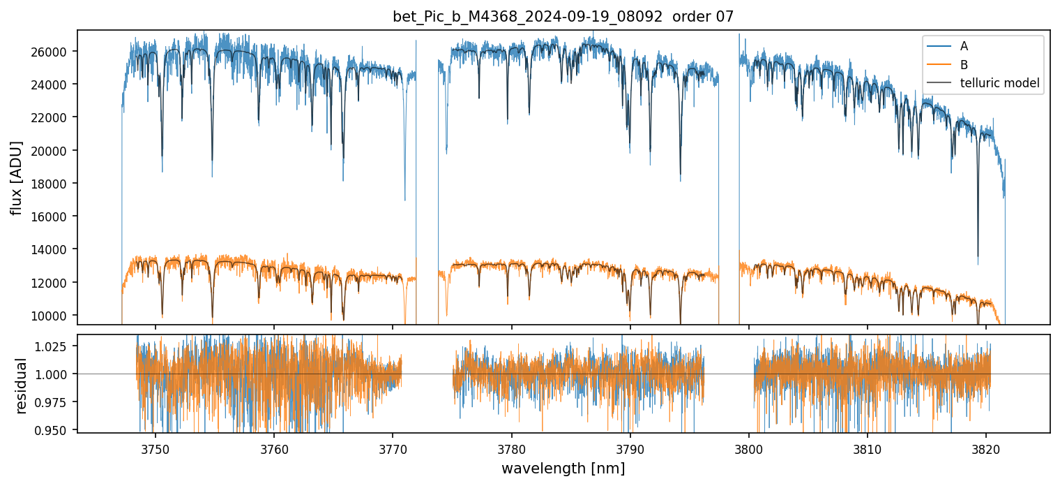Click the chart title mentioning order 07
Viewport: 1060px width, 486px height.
coord(563,17)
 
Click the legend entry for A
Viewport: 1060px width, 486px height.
coord(964,46)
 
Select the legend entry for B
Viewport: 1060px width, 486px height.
coord(964,65)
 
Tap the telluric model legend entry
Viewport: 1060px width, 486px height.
coord(999,84)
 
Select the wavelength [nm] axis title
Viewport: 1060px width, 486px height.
coord(563,468)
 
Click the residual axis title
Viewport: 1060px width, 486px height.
coord(21,385)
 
